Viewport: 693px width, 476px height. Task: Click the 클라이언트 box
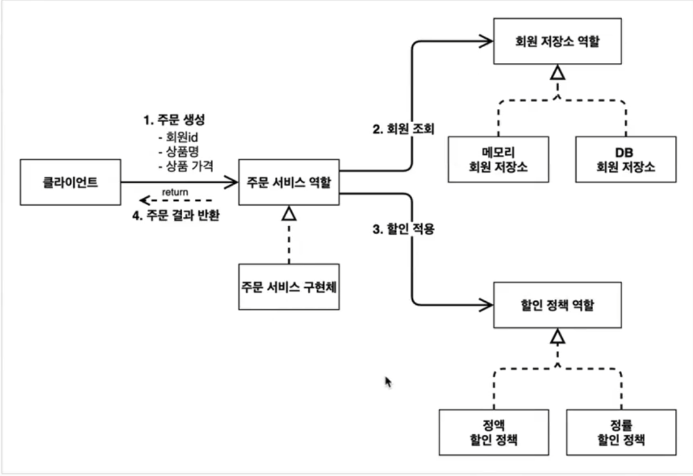tap(70, 181)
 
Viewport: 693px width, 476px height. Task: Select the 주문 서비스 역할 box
tap(289, 181)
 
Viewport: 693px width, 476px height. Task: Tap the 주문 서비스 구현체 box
tap(289, 286)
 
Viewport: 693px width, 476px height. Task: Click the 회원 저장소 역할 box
tap(557, 42)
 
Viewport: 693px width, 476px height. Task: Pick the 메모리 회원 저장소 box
tap(498, 159)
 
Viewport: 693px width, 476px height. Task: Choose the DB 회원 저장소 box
tap(625, 159)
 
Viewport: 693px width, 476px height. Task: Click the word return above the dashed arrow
tap(175, 192)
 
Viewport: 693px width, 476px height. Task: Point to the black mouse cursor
tap(388, 382)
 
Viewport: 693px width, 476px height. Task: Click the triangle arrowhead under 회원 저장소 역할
tap(557, 74)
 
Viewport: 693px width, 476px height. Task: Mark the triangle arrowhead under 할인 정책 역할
tap(557, 336)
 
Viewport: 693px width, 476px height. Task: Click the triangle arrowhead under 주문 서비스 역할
tap(289, 213)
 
